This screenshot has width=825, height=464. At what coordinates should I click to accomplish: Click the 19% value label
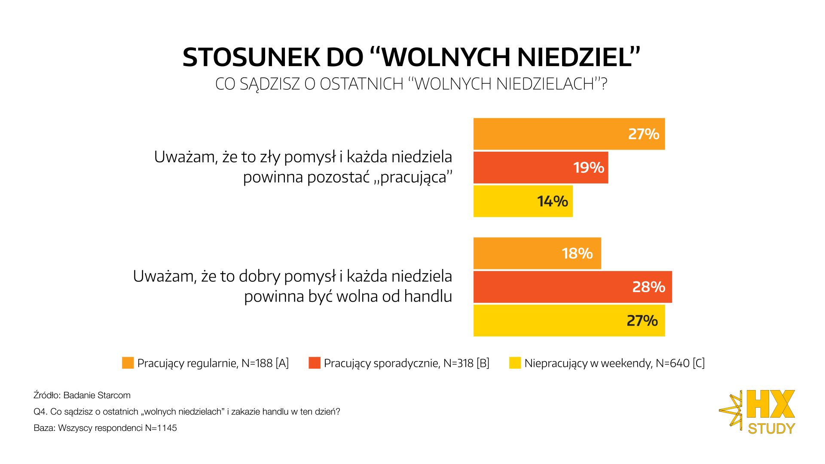(x=588, y=168)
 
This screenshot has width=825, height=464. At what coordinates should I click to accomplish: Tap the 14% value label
(x=552, y=201)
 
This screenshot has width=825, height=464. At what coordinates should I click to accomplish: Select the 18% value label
(x=577, y=253)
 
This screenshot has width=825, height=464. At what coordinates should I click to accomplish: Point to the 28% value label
(x=648, y=287)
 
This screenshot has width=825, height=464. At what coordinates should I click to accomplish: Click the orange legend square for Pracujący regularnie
(x=128, y=363)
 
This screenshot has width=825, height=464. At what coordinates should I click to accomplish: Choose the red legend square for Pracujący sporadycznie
(x=315, y=363)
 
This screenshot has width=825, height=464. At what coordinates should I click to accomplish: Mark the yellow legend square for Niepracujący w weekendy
(x=515, y=363)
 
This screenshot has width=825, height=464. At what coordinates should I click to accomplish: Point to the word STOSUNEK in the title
(x=251, y=57)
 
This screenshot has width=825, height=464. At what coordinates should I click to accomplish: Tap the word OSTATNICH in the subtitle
(x=361, y=84)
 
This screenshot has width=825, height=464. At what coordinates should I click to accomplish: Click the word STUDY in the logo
(x=771, y=428)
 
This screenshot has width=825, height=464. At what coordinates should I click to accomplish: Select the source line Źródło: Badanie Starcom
(x=82, y=395)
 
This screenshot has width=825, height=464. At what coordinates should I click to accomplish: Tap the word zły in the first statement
(x=270, y=157)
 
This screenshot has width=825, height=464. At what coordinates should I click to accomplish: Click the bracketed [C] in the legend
(x=699, y=363)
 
